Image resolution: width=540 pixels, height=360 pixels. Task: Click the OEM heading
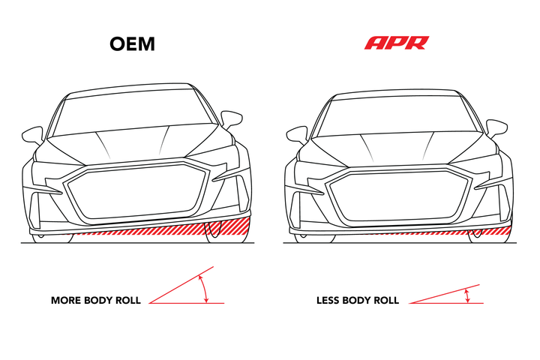pos(132,44)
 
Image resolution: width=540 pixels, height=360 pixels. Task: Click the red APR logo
pos(397,43)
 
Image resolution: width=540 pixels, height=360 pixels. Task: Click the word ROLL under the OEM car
pos(128,301)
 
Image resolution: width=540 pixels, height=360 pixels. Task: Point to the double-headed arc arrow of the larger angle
pos(205,289)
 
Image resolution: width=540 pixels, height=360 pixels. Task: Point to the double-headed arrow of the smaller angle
pos(467,296)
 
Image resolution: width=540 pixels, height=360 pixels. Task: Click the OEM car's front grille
pos(138,190)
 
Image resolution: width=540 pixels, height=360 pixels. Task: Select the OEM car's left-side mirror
pos(33,136)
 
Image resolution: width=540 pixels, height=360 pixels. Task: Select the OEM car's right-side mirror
pos(232,119)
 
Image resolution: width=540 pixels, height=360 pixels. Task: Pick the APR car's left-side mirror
pos(296,136)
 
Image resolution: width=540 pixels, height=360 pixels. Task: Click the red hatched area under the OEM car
pos(193,229)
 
